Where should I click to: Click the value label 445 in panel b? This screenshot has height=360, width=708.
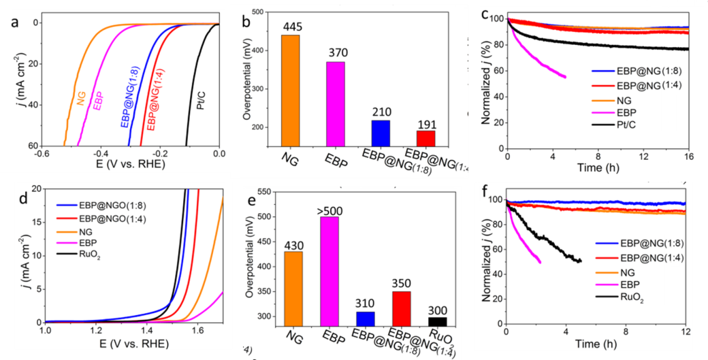290,27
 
